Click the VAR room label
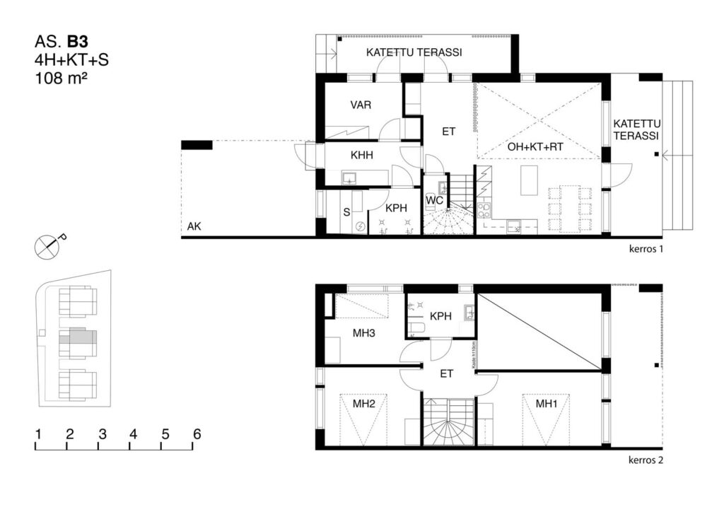[361, 105]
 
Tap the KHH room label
[362, 156]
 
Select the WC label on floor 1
[433, 200]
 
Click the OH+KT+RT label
[535, 148]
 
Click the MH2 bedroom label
[363, 404]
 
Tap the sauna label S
[346, 211]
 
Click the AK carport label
[194, 227]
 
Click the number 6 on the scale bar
[197, 434]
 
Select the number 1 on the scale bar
[37, 434]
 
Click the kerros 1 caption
[646, 250]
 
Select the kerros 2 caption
[646, 461]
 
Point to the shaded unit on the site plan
[77, 339]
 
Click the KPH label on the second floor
[440, 316]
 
